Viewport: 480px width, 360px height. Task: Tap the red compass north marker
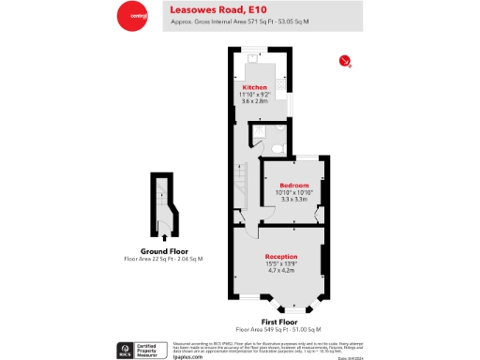tap(345, 62)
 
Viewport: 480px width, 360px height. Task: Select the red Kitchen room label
tap(254, 87)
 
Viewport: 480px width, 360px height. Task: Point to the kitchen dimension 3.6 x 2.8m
tap(254, 101)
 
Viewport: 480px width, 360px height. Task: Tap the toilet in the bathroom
tap(277, 146)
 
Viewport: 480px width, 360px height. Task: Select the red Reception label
tap(281, 256)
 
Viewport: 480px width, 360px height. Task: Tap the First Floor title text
tap(278, 322)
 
